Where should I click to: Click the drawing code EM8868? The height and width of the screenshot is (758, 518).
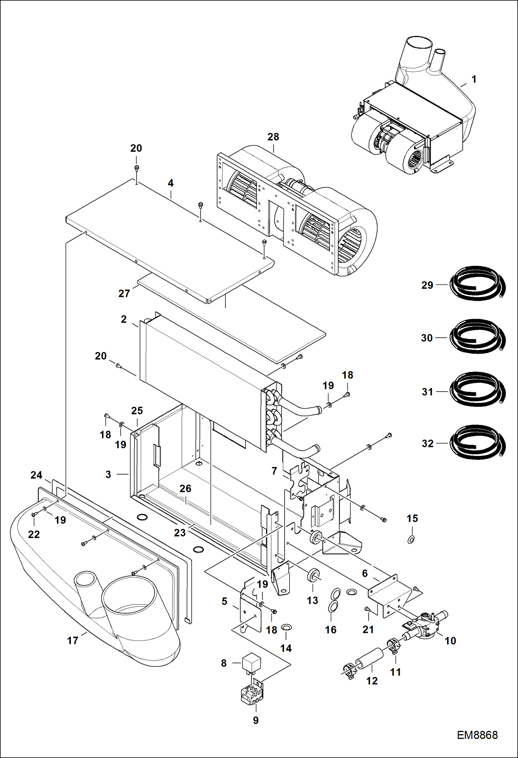[477, 735]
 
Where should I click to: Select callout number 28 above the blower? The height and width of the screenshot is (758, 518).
[273, 137]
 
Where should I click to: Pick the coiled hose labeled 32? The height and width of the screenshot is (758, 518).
[478, 442]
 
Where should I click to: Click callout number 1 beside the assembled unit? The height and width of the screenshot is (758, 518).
[474, 79]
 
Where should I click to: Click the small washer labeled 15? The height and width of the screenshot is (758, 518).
[411, 539]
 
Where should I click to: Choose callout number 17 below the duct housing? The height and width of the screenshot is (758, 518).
[73, 640]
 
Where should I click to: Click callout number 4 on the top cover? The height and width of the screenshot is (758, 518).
[170, 183]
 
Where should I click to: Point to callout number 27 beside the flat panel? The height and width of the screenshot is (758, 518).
[124, 293]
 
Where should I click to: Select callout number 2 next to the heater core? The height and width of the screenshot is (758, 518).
[124, 319]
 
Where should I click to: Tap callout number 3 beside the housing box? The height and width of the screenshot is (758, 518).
[108, 474]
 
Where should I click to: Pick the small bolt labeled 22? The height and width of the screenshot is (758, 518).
[34, 515]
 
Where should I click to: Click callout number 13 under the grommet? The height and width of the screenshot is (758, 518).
[312, 600]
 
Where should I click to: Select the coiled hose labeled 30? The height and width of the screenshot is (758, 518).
[478, 337]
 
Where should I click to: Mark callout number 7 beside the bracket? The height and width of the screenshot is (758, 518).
[274, 471]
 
